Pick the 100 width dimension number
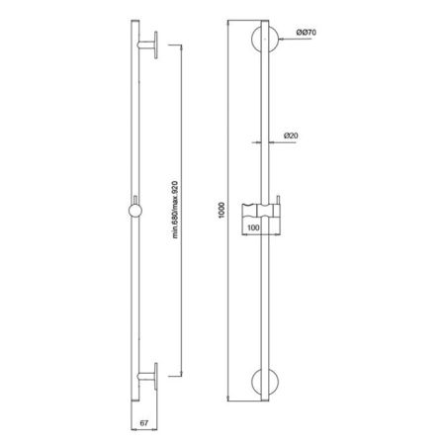click(254, 226)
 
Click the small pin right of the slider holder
click(285, 206)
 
